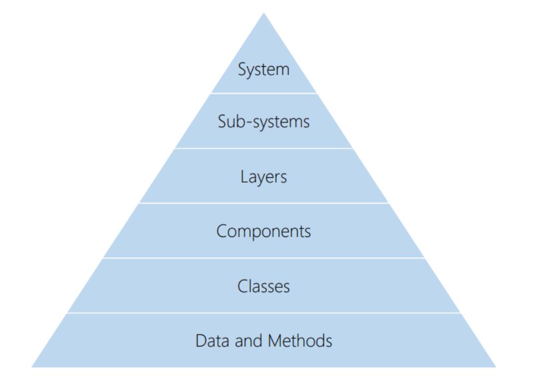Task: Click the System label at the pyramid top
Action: click(x=264, y=70)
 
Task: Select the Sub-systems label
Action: click(x=264, y=122)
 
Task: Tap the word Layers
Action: click(x=264, y=177)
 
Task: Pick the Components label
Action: click(x=264, y=232)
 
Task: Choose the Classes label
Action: click(x=264, y=286)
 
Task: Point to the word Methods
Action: click(x=300, y=341)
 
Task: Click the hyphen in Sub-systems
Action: click(x=249, y=123)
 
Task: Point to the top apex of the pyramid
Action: click(x=264, y=13)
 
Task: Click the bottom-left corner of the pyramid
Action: click(x=32, y=367)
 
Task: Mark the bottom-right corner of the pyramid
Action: click(x=496, y=367)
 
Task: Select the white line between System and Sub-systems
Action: click(x=264, y=93)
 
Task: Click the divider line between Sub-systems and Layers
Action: click(x=264, y=148)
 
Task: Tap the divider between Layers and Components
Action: click(x=264, y=203)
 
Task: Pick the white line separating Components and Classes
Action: click(x=264, y=258)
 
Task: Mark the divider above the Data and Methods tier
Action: click(x=264, y=313)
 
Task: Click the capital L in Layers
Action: click(x=244, y=176)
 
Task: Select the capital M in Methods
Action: click(x=275, y=341)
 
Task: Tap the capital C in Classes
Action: click(x=243, y=286)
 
